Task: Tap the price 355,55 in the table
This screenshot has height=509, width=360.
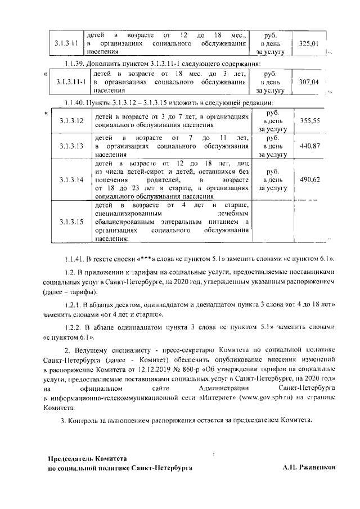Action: pos(309,120)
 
